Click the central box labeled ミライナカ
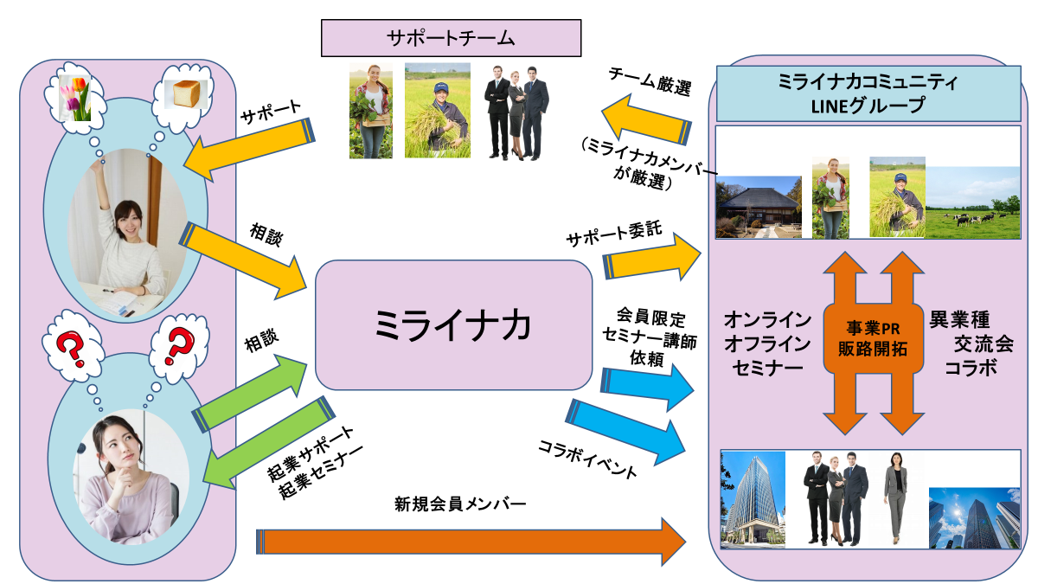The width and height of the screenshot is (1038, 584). [x=453, y=324]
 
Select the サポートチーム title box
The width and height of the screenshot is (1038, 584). [x=450, y=38]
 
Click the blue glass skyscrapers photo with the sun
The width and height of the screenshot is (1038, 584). [x=974, y=519]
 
